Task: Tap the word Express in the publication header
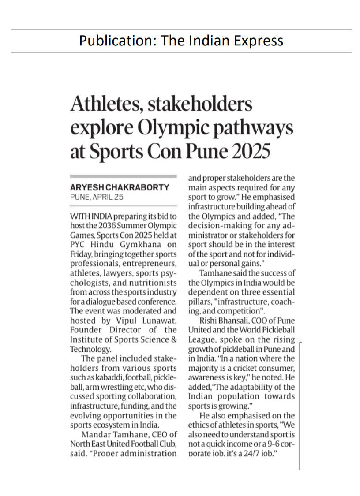click(x=258, y=41)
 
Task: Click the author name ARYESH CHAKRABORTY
click(x=120, y=187)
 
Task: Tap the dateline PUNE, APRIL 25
click(x=97, y=197)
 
